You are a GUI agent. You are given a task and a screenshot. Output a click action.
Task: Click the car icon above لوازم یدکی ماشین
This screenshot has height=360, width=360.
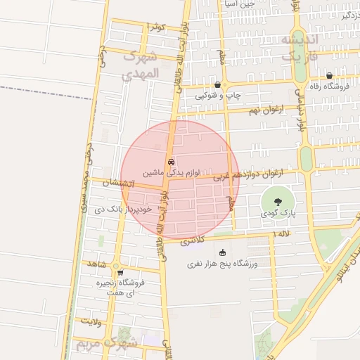click(x=170, y=161)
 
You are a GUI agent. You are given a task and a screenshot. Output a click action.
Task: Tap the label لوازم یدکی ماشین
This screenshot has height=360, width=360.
click(x=172, y=172)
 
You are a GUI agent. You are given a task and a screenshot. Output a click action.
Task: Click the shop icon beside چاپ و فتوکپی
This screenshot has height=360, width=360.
click(x=217, y=84)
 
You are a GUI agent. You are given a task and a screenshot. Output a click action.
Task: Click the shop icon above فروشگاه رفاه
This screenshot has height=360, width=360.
click(x=329, y=75)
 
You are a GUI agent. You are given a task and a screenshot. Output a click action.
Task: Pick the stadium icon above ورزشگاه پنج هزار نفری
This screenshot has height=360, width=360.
click(x=223, y=253)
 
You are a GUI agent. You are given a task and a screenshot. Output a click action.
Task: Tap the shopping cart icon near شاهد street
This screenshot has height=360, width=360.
click(x=120, y=273)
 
